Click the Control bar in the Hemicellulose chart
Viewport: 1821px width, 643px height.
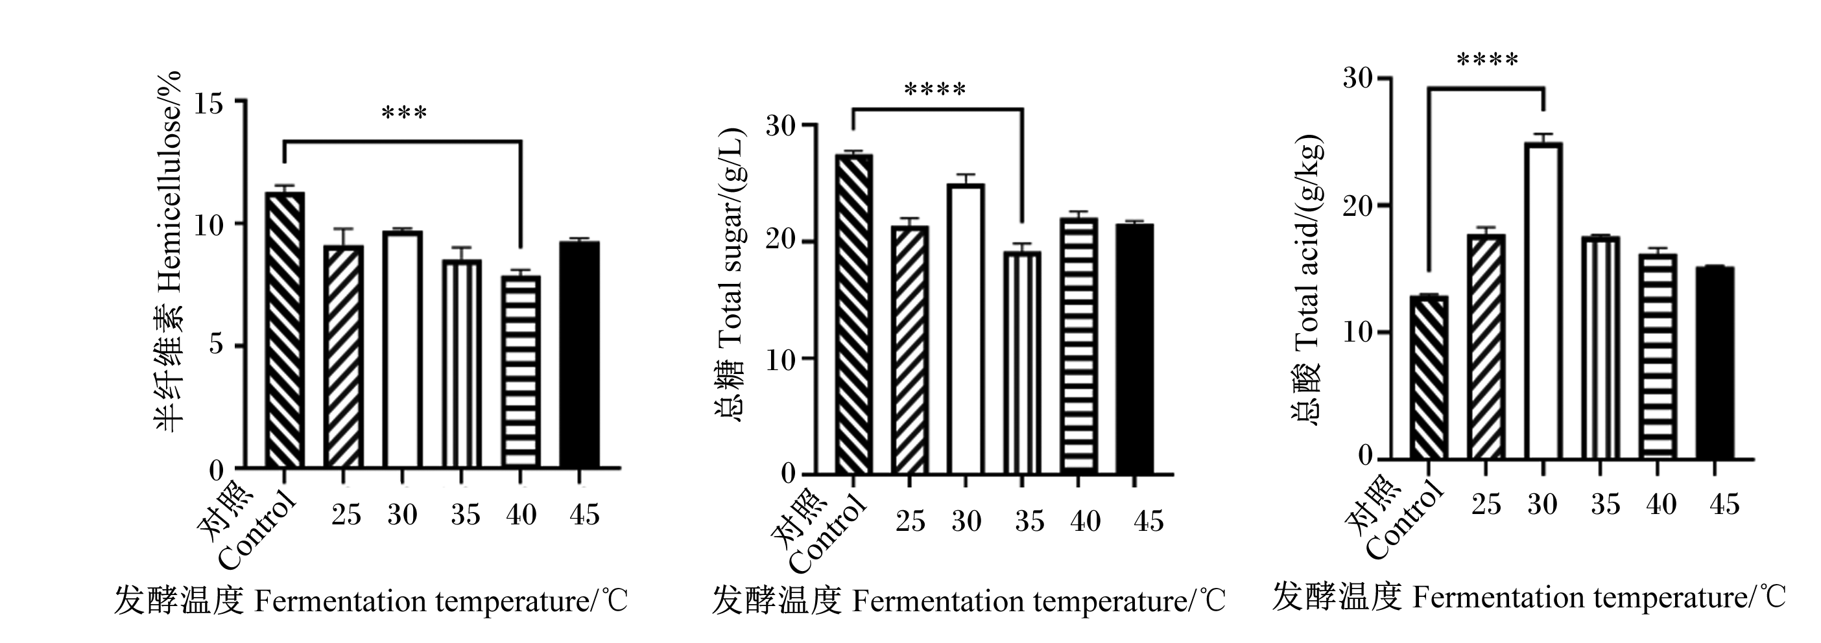[285, 329]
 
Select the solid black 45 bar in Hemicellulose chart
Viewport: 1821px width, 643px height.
[580, 355]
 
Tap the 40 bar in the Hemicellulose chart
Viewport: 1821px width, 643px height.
[521, 371]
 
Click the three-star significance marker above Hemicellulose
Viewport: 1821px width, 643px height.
[403, 113]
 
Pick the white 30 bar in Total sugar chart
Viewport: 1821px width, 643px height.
[966, 329]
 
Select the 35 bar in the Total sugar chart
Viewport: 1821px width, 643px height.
[1021, 362]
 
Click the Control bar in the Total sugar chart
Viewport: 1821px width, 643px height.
[853, 314]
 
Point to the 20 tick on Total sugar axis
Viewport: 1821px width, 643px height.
[782, 241]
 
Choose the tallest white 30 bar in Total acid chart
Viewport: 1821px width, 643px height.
[1543, 300]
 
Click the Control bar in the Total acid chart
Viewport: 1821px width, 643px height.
[1428, 377]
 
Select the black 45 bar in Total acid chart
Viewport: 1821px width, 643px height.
[1714, 362]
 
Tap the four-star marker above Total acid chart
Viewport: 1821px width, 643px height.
[1487, 60]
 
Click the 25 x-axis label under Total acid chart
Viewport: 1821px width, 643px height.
[1486, 504]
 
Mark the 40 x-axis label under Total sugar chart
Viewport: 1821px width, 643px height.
[1085, 520]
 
